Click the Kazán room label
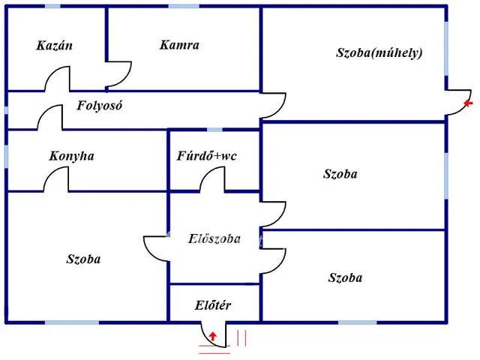54,46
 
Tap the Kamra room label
179,45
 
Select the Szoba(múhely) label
379,53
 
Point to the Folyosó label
99,106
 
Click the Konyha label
71,157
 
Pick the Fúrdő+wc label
207,157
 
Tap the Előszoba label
214,239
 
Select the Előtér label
212,305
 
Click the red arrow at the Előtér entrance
213,337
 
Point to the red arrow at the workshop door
469,103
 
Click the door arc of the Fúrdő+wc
212,178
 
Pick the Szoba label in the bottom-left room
83,259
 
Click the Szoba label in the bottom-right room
345,278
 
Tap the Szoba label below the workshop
340,175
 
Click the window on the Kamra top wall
183,7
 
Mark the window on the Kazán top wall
52,7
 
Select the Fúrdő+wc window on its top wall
215,130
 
